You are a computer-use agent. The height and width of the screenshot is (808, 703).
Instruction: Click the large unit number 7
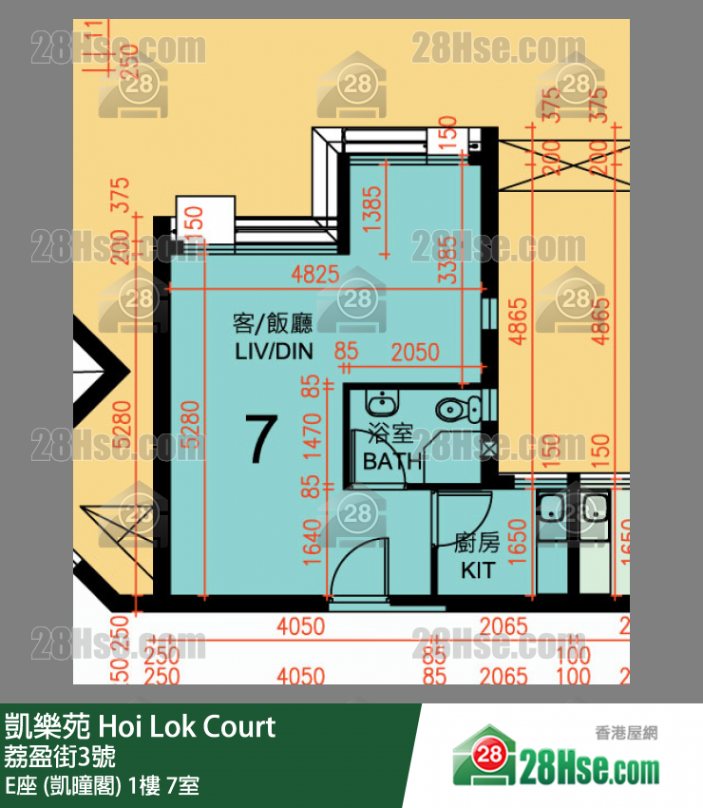[260, 440]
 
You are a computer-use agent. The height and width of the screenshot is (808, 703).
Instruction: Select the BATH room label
[392, 462]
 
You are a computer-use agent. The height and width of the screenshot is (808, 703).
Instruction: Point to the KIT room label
[478, 570]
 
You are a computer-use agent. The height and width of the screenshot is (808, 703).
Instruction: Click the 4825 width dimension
[314, 276]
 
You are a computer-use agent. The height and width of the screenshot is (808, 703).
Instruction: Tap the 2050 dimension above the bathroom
[414, 353]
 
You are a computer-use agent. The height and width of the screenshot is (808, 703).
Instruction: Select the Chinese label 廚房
[477, 544]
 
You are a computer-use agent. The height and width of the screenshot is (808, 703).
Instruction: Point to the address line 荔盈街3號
[61, 758]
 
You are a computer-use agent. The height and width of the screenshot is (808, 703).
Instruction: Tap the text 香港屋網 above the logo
[626, 733]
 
